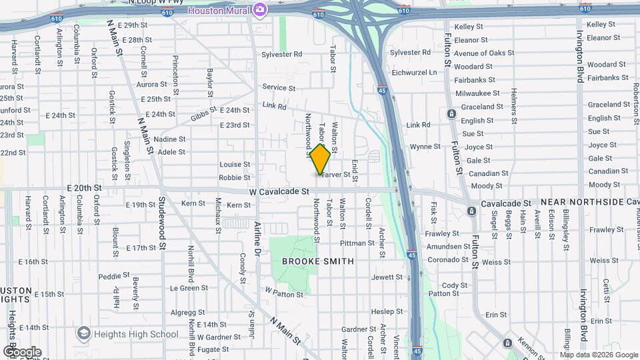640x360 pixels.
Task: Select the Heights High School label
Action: pyautogui.click(x=136, y=334)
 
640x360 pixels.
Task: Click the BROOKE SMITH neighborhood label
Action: pyautogui.click(x=318, y=261)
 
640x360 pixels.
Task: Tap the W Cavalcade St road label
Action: pyautogui.click(x=280, y=191)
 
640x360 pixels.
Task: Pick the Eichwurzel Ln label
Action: pyautogui.click(x=414, y=72)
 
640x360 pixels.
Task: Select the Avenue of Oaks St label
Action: pyautogui.click(x=482, y=53)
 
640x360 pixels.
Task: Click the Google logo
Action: pyautogui.click(x=22, y=351)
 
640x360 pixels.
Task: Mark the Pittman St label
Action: pyautogui.click(x=357, y=243)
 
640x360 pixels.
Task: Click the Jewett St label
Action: pyautogui.click(x=387, y=277)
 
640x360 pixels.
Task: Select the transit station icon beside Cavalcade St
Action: pyautogui.click(x=472, y=211)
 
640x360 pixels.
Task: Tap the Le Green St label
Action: pyautogui.click(x=189, y=288)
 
